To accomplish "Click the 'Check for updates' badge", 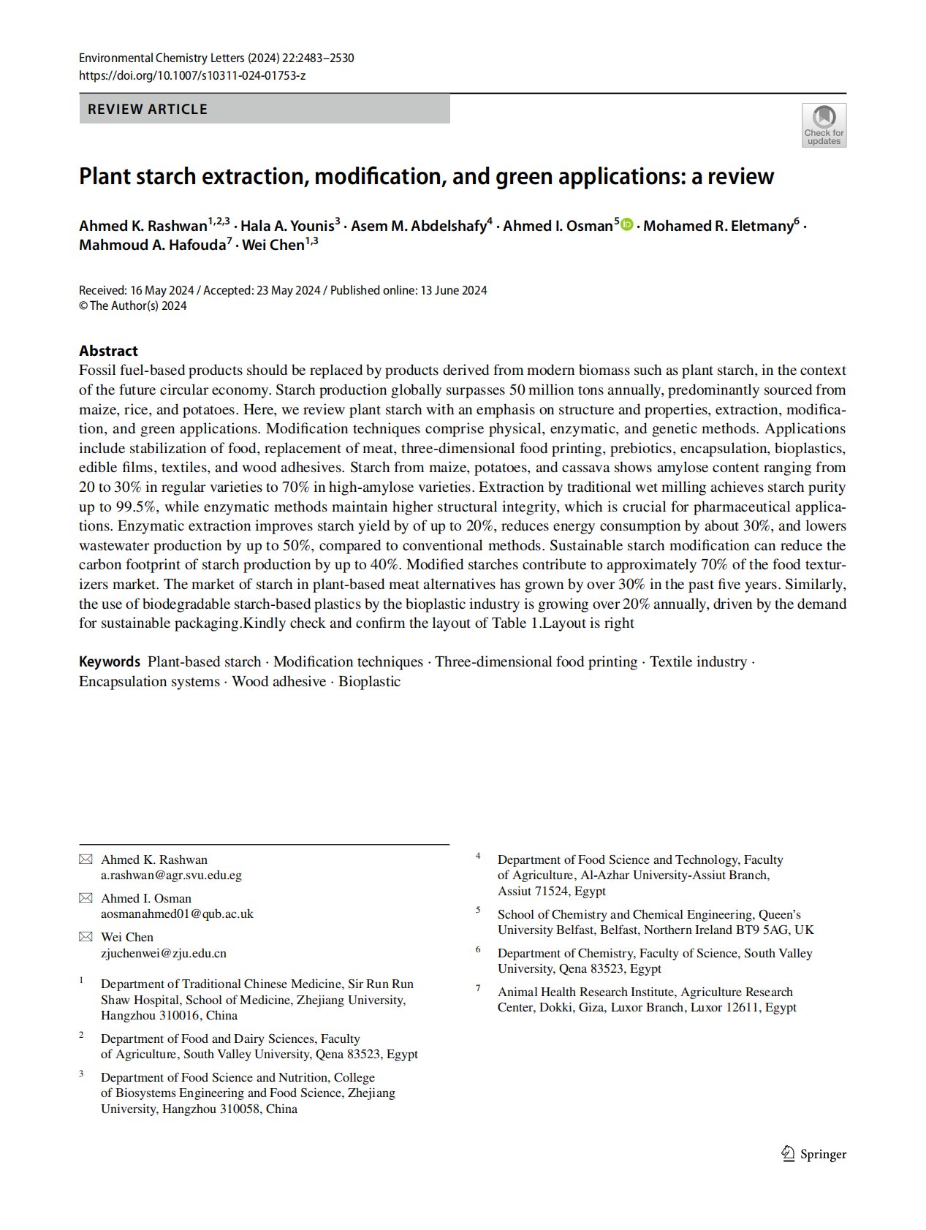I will (824, 125).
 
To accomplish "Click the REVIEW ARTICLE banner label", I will (148, 110).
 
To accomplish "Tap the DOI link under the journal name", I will (192, 75).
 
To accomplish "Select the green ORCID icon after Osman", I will (627, 225).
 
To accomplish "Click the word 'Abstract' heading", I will (108, 351).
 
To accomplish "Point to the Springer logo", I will (814, 1154).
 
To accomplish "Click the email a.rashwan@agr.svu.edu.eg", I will (171, 875).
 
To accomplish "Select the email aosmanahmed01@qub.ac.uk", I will (177, 914).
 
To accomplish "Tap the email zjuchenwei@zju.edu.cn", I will (164, 953).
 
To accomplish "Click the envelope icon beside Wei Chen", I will (86, 937).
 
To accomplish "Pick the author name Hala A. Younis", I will (287, 226).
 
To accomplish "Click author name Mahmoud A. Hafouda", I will (152, 245).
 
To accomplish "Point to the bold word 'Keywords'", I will (109, 662).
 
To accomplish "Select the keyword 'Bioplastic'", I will (369, 682).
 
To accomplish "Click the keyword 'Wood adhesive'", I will (278, 682).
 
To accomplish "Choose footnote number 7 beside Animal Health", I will (478, 988).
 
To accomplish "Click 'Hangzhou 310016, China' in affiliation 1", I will (169, 1015).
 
